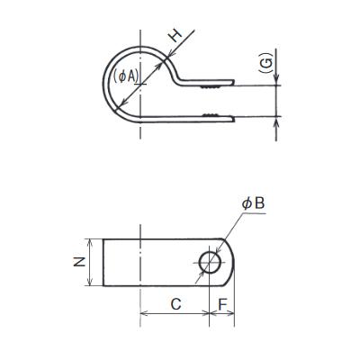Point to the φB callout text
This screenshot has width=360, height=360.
[254, 205]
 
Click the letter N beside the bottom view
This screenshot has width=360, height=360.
[80, 263]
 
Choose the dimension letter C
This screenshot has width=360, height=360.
[175, 304]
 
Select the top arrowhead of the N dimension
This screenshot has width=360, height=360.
[90, 241]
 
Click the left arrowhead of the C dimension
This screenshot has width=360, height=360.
[145, 314]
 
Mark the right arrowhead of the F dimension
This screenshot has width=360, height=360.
[231, 314]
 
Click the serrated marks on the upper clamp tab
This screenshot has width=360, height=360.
[211, 89]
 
